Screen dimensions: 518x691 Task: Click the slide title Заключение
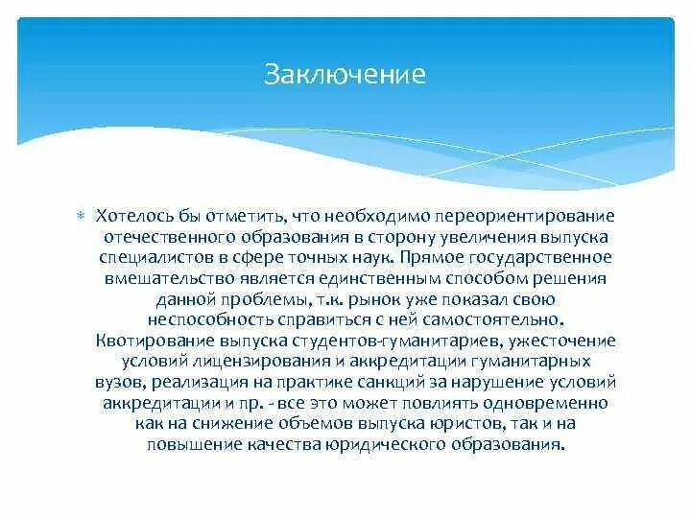click(x=345, y=76)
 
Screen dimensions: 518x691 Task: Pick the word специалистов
click(x=146, y=257)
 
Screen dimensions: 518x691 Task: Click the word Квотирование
click(x=150, y=341)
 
